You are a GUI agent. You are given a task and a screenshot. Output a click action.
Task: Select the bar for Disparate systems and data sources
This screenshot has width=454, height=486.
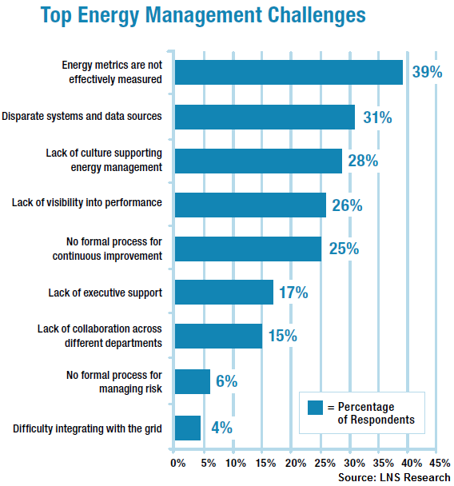pos(265,117)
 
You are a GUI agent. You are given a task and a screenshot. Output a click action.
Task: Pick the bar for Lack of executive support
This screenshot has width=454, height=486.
pos(224,293)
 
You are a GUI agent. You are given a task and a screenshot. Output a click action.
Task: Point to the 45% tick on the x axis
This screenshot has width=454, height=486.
pos(439,462)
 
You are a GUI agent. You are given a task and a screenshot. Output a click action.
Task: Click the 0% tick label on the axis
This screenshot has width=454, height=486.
pos(177,462)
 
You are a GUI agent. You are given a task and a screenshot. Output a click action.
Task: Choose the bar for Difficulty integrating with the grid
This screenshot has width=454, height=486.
pos(187,428)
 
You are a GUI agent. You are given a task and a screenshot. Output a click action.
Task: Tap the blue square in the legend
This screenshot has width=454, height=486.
pos(314,407)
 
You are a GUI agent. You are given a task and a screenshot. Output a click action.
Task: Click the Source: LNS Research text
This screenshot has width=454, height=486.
pos(394,477)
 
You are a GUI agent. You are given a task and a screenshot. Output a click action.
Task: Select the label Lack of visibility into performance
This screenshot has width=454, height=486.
pos(87,203)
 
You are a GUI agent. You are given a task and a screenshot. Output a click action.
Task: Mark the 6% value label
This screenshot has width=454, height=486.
pos(226,381)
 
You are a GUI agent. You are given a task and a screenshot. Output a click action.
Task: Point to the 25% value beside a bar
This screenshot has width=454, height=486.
pos(344,249)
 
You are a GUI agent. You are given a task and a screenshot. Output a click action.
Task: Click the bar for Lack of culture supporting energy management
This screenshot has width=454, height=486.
pos(258,160)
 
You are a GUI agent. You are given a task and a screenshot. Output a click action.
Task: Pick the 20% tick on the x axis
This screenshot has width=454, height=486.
pos(294,462)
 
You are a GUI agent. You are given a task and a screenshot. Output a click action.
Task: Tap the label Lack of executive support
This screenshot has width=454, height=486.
pos(105,293)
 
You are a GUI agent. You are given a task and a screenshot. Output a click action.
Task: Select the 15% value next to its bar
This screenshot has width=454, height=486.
pos(282,337)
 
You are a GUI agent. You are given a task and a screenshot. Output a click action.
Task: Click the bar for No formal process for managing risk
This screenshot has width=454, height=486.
pos(193,380)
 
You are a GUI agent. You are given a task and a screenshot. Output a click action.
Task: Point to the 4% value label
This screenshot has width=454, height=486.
pos(221,428)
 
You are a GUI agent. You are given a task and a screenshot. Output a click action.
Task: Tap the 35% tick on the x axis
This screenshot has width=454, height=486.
pos(380,462)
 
